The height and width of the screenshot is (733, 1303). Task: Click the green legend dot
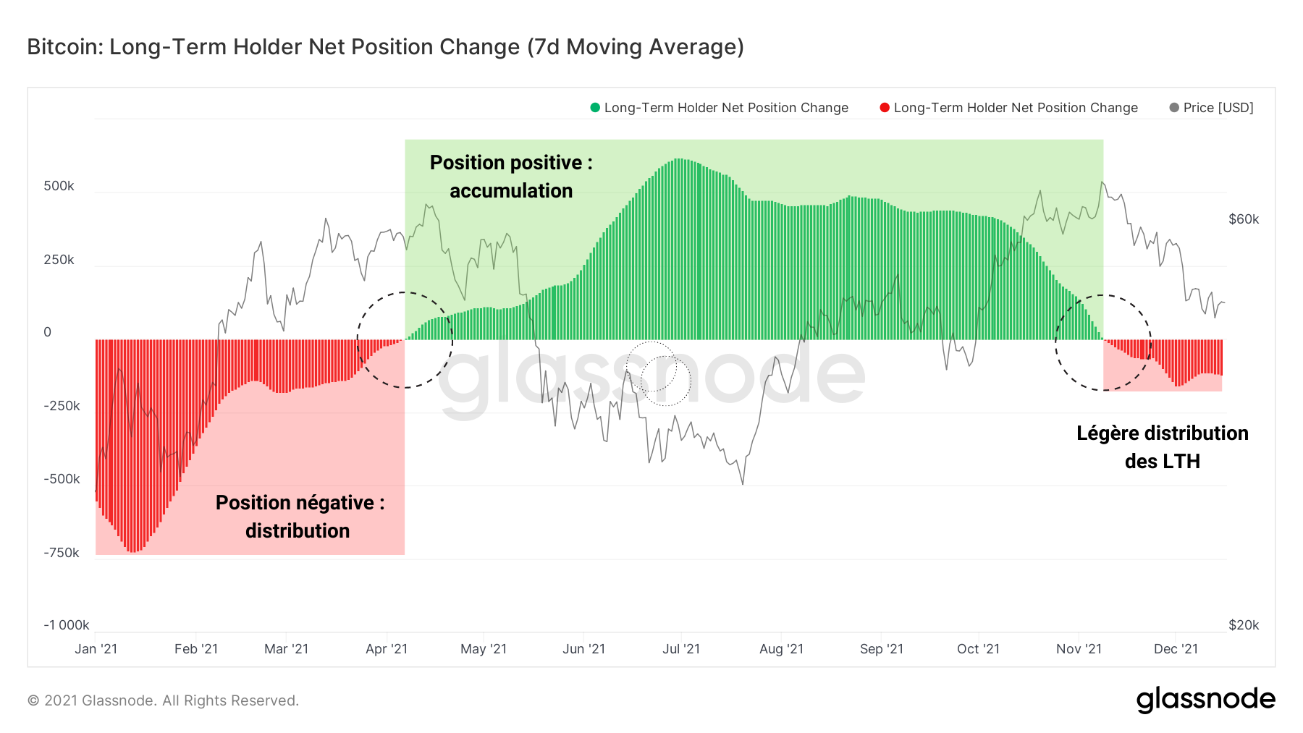pyautogui.click(x=595, y=108)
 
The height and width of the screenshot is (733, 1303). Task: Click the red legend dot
pyautogui.click(x=884, y=108)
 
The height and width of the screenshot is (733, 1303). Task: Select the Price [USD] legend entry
pyautogui.click(x=1218, y=108)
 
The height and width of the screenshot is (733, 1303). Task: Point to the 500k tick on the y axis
pyautogui.click(x=59, y=186)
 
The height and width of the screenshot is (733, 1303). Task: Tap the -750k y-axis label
pyautogui.click(x=62, y=553)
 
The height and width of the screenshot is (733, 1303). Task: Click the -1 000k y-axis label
pyautogui.click(x=67, y=625)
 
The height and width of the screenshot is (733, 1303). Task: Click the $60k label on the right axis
pyautogui.click(x=1244, y=219)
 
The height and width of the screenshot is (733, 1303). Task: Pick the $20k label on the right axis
pyautogui.click(x=1244, y=625)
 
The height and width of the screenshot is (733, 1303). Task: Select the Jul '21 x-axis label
pyautogui.click(x=681, y=649)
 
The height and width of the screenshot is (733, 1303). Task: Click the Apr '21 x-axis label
pyautogui.click(x=387, y=649)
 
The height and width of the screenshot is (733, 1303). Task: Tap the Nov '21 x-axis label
pyautogui.click(x=1079, y=649)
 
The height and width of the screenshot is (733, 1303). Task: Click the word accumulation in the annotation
pyautogui.click(x=511, y=191)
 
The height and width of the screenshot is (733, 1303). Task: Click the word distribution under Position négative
pyautogui.click(x=298, y=531)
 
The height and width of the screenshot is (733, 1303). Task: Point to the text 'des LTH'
pyautogui.click(x=1162, y=462)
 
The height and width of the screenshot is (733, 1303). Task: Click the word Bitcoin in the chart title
pyautogui.click(x=65, y=47)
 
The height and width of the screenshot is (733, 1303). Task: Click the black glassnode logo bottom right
pyautogui.click(x=1205, y=700)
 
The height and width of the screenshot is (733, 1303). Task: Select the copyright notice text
pyautogui.click(x=163, y=700)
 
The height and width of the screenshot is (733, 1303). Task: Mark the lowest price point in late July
pyautogui.click(x=743, y=484)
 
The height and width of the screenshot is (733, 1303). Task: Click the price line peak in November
pyautogui.click(x=1102, y=182)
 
